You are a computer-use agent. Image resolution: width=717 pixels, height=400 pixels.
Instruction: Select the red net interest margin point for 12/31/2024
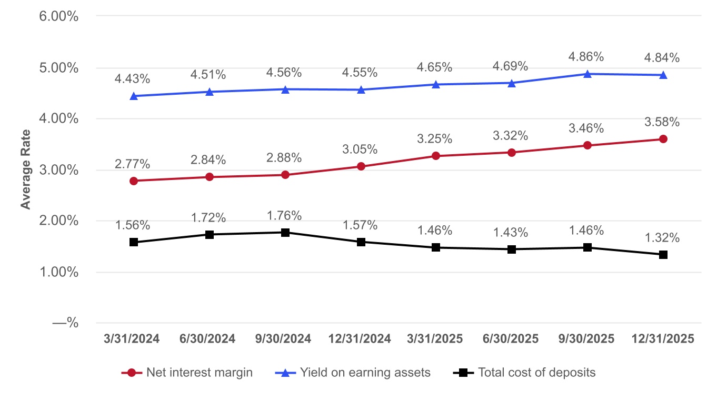(361, 166)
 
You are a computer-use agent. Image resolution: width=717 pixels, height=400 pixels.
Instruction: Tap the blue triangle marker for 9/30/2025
(587, 74)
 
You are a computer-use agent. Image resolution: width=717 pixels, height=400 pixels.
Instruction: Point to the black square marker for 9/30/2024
(285, 232)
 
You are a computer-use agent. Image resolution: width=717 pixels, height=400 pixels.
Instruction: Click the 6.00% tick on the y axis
(59, 16)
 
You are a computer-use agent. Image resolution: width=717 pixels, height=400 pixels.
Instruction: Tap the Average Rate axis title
(25, 170)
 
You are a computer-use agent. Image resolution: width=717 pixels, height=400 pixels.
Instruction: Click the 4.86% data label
(587, 57)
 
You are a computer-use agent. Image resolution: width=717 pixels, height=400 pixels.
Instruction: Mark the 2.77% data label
(133, 164)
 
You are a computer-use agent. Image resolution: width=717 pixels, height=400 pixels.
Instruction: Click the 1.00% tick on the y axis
(59, 272)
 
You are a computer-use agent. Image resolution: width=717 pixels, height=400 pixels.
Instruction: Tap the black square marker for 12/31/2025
(663, 255)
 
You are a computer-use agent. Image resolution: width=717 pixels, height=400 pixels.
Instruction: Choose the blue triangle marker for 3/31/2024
(134, 96)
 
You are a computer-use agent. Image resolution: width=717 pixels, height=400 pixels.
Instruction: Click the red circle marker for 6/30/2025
(512, 153)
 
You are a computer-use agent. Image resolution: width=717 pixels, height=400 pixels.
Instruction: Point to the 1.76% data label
(284, 216)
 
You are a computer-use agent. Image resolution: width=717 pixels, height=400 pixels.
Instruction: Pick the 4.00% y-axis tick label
(59, 119)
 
